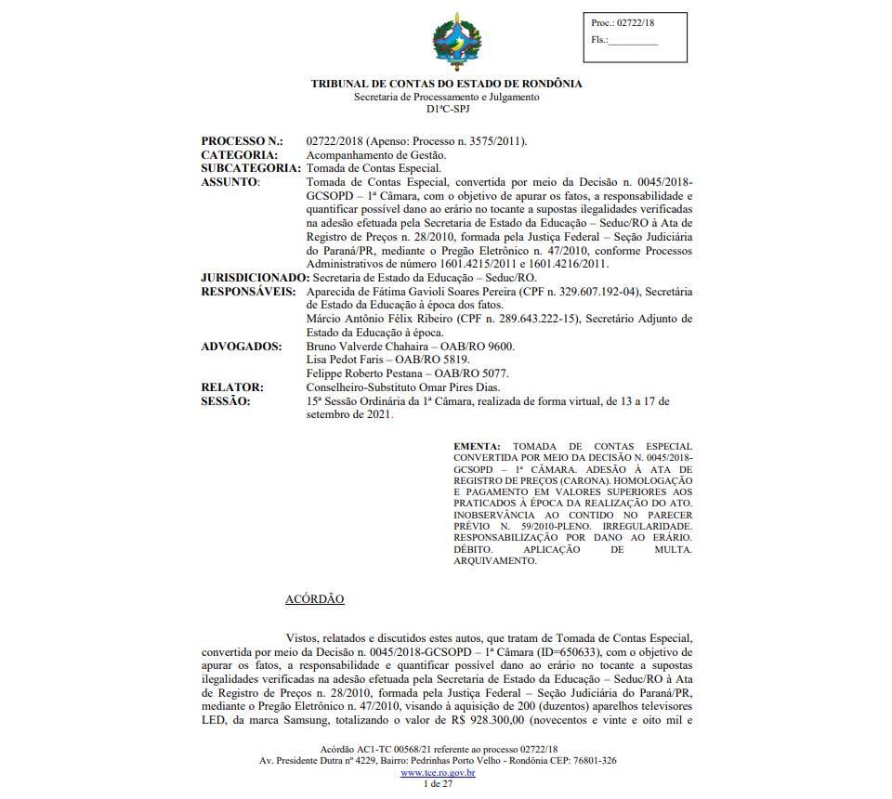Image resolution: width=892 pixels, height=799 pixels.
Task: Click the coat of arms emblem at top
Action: click(x=457, y=41)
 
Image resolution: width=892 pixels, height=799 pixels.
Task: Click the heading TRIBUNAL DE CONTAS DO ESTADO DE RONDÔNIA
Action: click(x=446, y=84)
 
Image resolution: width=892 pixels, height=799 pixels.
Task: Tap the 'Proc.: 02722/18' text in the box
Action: click(x=622, y=23)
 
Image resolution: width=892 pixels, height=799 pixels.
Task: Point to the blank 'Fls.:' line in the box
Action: click(x=633, y=41)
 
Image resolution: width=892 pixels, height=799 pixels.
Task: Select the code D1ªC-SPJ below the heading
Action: click(x=446, y=110)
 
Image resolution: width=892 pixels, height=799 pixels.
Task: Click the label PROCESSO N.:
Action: click(x=242, y=141)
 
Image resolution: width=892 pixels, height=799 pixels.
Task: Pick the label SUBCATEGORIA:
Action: click(x=251, y=168)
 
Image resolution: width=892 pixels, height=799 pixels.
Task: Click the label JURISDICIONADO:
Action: click(x=255, y=278)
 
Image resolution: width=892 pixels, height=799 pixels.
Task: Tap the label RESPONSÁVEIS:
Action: click(x=249, y=292)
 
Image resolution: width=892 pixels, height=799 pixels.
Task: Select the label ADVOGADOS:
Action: click(x=242, y=347)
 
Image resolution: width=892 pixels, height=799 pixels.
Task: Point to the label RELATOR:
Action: click(x=232, y=387)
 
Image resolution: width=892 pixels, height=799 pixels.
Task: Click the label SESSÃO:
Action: click(x=226, y=401)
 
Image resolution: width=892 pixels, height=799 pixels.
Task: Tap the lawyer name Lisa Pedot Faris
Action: click(x=343, y=360)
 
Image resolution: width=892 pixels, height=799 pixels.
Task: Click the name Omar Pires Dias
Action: click(x=474, y=387)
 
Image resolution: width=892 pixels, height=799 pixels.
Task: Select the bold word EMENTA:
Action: click(x=477, y=447)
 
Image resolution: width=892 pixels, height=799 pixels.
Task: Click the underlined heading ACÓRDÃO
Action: click(x=314, y=599)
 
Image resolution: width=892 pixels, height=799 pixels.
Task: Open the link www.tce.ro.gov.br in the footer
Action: click(x=438, y=772)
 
